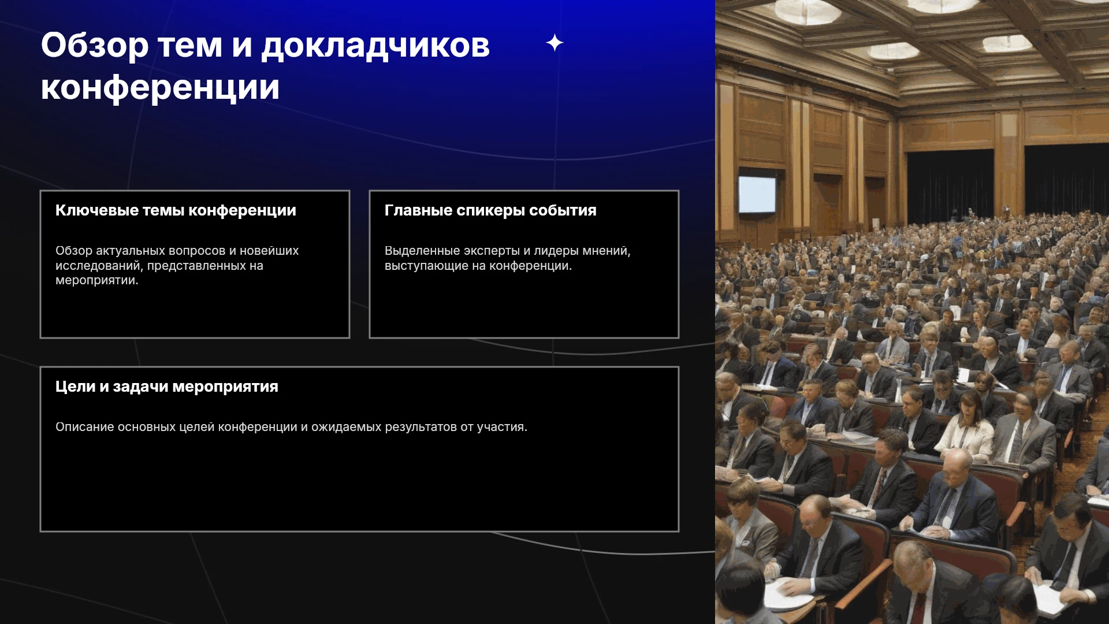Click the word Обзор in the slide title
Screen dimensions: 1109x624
click(x=95, y=46)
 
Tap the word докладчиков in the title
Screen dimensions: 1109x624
click(x=375, y=46)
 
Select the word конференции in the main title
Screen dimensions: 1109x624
click(x=160, y=88)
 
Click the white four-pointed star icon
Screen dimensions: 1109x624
click(x=554, y=43)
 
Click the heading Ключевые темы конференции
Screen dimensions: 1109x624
click(x=176, y=211)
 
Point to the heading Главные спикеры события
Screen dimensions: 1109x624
click(x=490, y=211)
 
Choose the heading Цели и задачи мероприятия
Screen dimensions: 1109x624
click(x=167, y=387)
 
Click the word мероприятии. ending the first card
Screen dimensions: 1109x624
click(x=97, y=281)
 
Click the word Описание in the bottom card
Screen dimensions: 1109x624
click(x=85, y=427)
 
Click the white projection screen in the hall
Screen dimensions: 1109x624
click(x=757, y=194)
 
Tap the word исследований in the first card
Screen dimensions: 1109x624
click(x=98, y=266)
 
